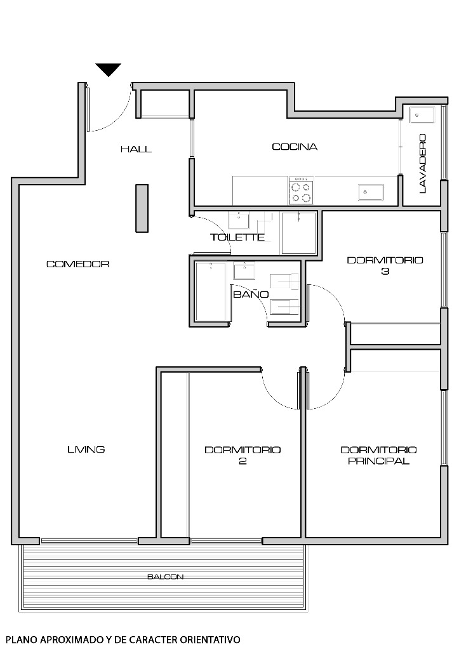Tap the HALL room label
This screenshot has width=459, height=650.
[136, 149]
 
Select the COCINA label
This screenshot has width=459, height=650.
[295, 147]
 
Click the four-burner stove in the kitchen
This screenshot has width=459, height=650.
[301, 191]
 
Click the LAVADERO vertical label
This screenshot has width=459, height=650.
[422, 163]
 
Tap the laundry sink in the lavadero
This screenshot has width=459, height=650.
[422, 116]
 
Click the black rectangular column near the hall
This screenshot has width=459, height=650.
[142, 209]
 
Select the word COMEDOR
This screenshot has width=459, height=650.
[78, 264]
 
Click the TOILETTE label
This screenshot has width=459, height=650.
[237, 237]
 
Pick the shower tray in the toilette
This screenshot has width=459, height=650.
[298, 233]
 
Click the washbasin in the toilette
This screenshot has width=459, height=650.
[239, 220]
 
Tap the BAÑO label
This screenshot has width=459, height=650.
[250, 295]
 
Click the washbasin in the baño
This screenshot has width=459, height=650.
[244, 272]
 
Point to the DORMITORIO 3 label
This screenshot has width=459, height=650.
[385, 265]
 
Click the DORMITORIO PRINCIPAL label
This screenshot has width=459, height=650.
[378, 455]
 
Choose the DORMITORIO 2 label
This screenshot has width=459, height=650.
[243, 455]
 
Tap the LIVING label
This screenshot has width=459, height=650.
[86, 449]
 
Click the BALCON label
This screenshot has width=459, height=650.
[165, 577]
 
